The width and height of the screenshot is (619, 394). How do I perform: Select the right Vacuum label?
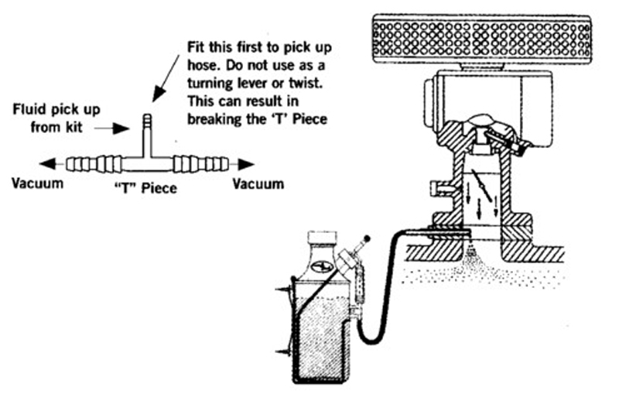point(258,183)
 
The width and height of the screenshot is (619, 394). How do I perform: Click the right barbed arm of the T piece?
point(201,164)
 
